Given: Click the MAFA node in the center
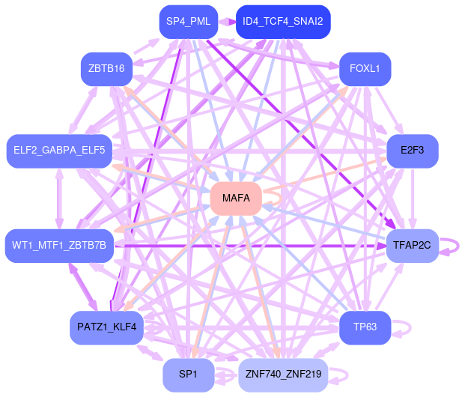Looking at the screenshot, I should tap(236, 198).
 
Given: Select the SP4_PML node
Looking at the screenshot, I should tap(188, 22).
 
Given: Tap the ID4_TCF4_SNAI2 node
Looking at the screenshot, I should tap(282, 22).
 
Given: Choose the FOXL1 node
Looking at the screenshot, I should tap(365, 69).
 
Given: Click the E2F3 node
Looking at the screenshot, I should tap(412, 151).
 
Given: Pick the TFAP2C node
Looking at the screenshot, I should tap(412, 245).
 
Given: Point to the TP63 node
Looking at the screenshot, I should tap(365, 327).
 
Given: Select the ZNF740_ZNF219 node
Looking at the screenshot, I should tap(282, 375).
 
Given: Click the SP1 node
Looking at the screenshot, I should tap(188, 375).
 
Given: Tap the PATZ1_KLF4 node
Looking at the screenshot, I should tap(106, 327).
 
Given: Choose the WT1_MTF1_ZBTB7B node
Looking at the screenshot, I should tap(59, 245).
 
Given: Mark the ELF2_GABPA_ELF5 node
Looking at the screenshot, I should tap(59, 151).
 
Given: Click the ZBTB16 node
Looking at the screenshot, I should tap(106, 69).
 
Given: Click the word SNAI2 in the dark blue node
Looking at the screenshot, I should tap(307, 22).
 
